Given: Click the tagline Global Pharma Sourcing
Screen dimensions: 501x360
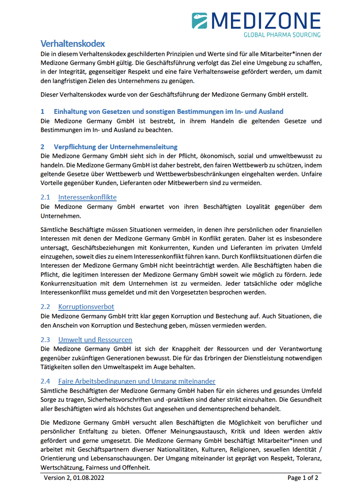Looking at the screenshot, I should [x=282, y=34].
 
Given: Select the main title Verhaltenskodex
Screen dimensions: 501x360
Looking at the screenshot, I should [x=72, y=44].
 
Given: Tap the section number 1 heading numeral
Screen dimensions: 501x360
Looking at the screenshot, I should [x=42, y=112].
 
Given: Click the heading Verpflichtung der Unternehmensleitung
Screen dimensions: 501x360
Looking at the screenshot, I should [x=116, y=147].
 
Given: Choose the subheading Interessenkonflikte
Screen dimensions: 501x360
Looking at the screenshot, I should [x=87, y=197].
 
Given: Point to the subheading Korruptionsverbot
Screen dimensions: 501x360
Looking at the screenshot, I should [x=86, y=307].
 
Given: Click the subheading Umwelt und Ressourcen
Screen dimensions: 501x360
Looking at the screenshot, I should [x=95, y=339].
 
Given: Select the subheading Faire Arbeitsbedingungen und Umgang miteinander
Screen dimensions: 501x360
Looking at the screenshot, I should [x=136, y=381].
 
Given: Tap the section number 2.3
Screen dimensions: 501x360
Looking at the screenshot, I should [x=45, y=339].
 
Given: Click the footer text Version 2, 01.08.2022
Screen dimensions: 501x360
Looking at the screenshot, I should [x=74, y=478].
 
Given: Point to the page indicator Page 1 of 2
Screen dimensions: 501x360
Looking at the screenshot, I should [x=303, y=478].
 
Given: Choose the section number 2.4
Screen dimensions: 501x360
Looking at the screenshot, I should [x=45, y=381].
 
